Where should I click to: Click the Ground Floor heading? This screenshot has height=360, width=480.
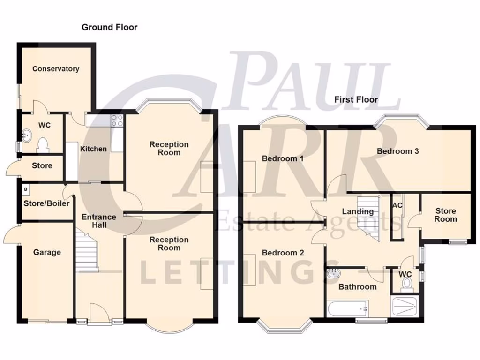coord(110,27)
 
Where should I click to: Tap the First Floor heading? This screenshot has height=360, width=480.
coord(356,99)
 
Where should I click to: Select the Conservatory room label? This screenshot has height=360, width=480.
coord(56,69)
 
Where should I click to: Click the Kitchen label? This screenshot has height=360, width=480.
coord(93,149)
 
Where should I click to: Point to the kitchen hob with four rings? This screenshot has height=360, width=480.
coord(117,120)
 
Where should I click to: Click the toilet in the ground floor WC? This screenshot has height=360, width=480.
coord(43,144)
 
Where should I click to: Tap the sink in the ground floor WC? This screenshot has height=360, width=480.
coord(26,135)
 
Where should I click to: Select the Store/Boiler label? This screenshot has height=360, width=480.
coord(46,203)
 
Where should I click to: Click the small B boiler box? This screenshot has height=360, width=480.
coord(26,189)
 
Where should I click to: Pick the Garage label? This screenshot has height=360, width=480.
coord(47,253)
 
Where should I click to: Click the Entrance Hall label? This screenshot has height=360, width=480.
coord(99,221)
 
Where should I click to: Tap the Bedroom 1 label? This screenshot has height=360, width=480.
coord(283,158)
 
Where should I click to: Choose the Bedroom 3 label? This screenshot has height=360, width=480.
coord(397,151)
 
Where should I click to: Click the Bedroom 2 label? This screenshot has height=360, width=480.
coord(283,253)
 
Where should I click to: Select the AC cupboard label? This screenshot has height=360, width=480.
coord(397,205)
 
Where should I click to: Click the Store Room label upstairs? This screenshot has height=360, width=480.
coord(445,215)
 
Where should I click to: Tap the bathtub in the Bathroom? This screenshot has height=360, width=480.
coord(347,309)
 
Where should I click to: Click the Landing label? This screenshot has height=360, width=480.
coord(358,211)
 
